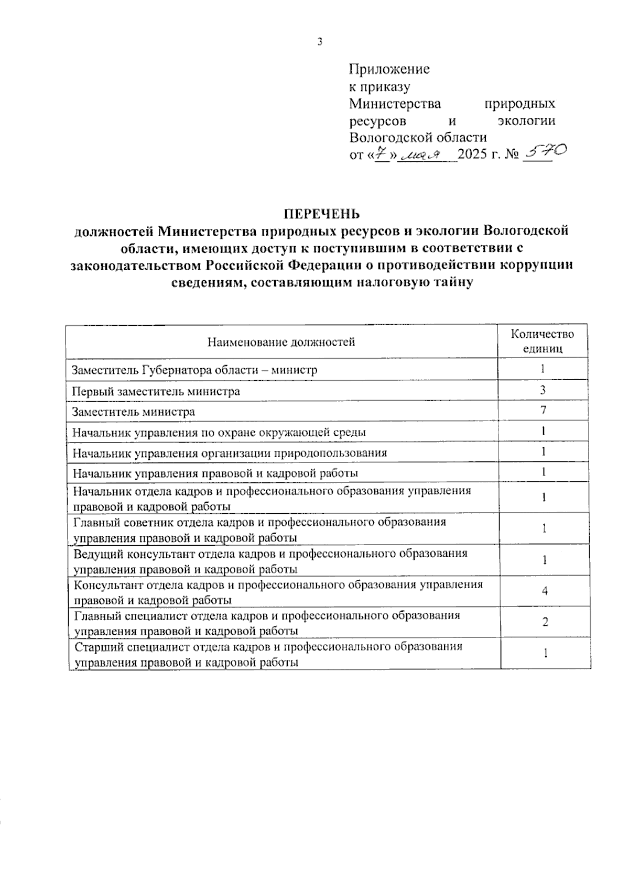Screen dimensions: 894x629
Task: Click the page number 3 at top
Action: pyautogui.click(x=319, y=42)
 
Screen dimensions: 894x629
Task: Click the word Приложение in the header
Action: pyautogui.click(x=389, y=69)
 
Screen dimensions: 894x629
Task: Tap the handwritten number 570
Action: pyautogui.click(x=545, y=152)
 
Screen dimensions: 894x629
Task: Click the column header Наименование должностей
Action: pyautogui.click(x=281, y=343)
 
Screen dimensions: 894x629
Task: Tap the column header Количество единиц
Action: pyautogui.click(x=543, y=341)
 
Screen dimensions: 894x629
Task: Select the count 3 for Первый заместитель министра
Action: pyautogui.click(x=544, y=390)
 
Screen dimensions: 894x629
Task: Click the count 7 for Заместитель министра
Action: pyautogui.click(x=544, y=411)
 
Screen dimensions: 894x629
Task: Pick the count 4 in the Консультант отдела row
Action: pyautogui.click(x=545, y=591)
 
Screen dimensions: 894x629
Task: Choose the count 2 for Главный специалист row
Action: pyautogui.click(x=545, y=622)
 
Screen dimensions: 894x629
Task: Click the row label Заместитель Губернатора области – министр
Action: pyautogui.click(x=194, y=370)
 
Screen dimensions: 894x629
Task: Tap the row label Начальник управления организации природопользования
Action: pyautogui.click(x=230, y=452)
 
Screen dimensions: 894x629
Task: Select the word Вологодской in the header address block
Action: pyautogui.click(x=386, y=138)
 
